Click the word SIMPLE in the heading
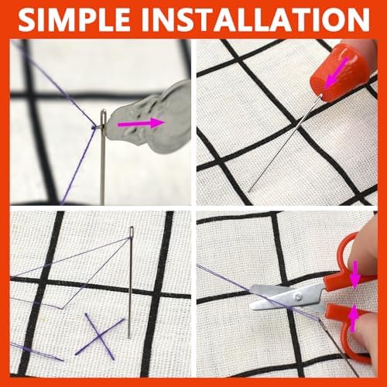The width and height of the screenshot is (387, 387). pyautogui.click(x=74, y=20)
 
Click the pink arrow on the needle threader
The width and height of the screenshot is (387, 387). pyautogui.click(x=141, y=123)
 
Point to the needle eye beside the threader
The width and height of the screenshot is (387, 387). pyautogui.click(x=103, y=118)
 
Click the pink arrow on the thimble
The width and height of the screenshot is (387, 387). pyautogui.click(x=336, y=72)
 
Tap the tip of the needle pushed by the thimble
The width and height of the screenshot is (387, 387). pyautogui.click(x=248, y=192)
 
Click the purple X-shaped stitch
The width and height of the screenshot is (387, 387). pyautogui.click(x=99, y=336)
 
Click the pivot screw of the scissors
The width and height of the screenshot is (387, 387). pyautogui.click(x=299, y=297)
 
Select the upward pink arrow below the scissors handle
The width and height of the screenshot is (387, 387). pyautogui.click(x=354, y=318)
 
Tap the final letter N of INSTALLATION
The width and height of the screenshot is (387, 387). pyautogui.click(x=359, y=20)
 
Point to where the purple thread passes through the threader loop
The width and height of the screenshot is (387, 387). pyautogui.click(x=95, y=127)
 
